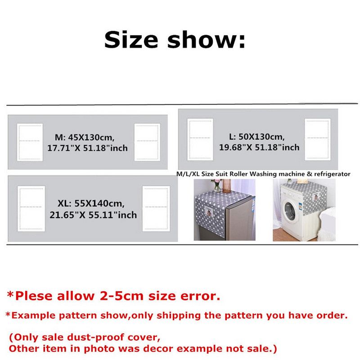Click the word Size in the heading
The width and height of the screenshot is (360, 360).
pyautogui.click(x=131, y=40)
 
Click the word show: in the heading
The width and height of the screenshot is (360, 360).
pyautogui.click(x=207, y=40)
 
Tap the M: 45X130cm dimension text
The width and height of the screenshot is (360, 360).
pyautogui.click(x=85, y=137)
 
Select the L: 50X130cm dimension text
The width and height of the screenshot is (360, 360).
pyautogui.click(x=256, y=137)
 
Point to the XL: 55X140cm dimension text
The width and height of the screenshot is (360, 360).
pyautogui.click(x=91, y=203)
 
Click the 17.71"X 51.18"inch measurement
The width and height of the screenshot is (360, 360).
pyautogui.click(x=87, y=148)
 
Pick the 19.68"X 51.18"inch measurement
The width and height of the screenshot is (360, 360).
pyautogui.click(x=259, y=147)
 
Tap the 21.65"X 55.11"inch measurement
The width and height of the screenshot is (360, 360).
pyautogui.click(x=93, y=215)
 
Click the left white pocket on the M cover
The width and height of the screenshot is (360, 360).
pyautogui.click(x=30, y=142)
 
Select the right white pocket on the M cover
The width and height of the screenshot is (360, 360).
pyautogui.click(x=147, y=142)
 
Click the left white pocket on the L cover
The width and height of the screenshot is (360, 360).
pyautogui.click(x=200, y=139)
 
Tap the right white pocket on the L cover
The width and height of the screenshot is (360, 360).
pyautogui.click(x=318, y=139)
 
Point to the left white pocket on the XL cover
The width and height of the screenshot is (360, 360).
pyautogui.click(x=31, y=209)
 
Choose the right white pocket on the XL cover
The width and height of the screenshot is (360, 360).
pyautogui.click(x=156, y=209)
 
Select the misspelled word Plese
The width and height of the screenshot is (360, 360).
pyautogui.click(x=34, y=296)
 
